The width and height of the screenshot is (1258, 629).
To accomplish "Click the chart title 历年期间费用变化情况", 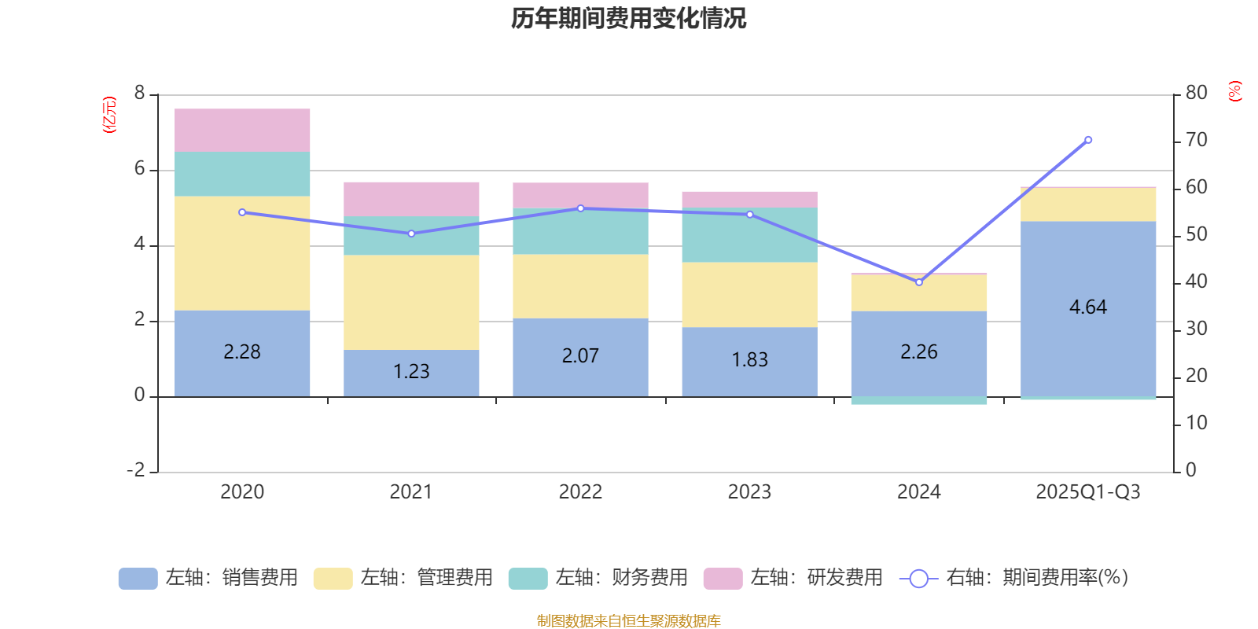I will point(628,18).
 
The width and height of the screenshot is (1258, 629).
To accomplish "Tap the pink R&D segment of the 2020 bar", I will point(242,131).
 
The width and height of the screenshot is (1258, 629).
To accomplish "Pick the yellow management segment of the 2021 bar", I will point(411,303).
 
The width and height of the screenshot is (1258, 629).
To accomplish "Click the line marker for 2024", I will point(919,281).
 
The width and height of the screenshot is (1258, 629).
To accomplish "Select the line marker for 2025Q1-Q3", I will point(1088,140).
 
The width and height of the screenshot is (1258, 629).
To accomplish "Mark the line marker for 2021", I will point(411,234).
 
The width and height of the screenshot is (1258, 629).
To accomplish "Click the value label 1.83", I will point(749,360).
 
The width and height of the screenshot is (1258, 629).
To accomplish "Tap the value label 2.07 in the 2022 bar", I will point(580,356).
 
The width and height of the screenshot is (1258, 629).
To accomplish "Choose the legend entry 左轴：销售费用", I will point(208,578).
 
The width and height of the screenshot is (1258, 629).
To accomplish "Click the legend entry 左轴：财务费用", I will point(598,578).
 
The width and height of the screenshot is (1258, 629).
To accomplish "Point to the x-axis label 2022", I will point(580,492).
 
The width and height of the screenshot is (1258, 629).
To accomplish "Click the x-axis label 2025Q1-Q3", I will point(1088,492).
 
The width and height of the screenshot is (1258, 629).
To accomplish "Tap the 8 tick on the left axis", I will point(140,94).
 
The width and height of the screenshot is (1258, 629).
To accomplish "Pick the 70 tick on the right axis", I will point(1196,140).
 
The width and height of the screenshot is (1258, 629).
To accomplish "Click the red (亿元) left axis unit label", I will point(109,115).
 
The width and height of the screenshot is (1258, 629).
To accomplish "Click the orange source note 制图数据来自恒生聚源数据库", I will point(628,621).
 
